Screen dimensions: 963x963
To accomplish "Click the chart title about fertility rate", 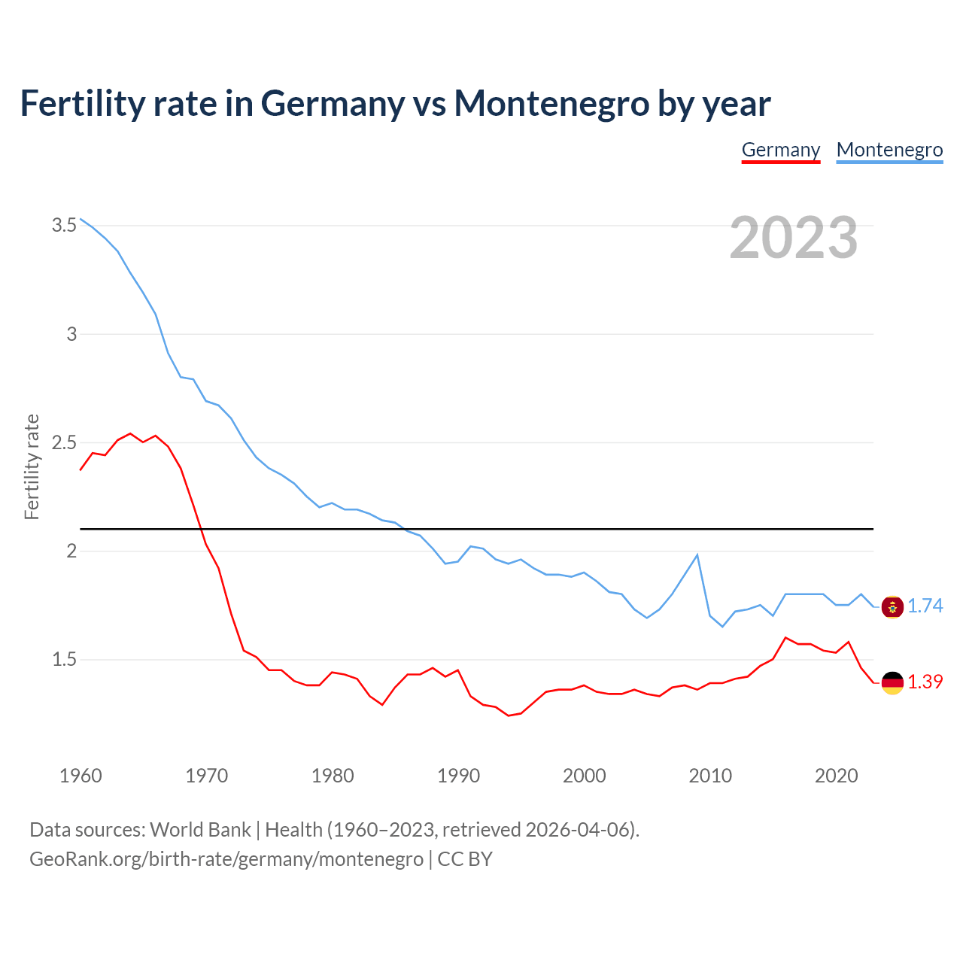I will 395,103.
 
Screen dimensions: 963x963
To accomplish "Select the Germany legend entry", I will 780,150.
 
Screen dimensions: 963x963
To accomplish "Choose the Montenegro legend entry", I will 889,150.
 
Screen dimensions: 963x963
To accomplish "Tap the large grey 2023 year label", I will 793,238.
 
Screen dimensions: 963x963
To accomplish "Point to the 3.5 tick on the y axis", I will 64,225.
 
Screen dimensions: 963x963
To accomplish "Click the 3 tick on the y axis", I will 71,334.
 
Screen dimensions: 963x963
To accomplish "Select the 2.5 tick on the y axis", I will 64,442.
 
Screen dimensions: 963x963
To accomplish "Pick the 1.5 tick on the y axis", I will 64,660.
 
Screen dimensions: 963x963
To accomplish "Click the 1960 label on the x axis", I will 81,776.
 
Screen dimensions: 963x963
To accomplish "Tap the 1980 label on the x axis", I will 333,776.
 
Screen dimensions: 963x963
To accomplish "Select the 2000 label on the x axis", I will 584,776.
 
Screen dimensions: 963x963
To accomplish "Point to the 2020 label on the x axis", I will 836,776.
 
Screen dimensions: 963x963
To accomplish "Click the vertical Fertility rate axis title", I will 32,466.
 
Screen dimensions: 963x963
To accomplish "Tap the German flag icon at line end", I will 892,682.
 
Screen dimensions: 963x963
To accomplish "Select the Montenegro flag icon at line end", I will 892,606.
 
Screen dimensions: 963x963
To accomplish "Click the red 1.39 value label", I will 925,682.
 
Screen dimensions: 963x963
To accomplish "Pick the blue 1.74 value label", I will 925,606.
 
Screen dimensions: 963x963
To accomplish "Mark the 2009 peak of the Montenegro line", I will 697,555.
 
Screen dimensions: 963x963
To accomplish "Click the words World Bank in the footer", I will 200,830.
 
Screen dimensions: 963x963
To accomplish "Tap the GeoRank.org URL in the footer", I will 226,859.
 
